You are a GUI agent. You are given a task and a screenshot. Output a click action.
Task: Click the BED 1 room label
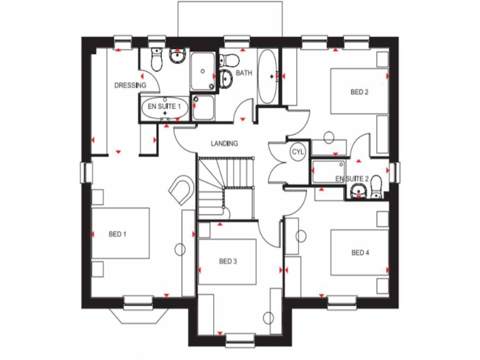tap(117, 234)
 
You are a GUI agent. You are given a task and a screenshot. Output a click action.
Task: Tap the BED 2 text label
tap(359, 92)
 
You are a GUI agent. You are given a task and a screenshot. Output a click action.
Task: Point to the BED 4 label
tap(360, 252)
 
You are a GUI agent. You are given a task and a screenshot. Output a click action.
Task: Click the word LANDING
tap(224, 143)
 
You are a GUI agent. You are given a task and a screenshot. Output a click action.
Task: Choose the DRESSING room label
tap(130, 85)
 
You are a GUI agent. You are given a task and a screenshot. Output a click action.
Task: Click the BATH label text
tap(244, 73)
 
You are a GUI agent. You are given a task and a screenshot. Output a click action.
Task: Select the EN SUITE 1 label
tap(164, 107)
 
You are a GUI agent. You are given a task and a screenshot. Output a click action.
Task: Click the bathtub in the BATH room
tap(267, 76)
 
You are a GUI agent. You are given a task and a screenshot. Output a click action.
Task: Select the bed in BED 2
tap(359, 91)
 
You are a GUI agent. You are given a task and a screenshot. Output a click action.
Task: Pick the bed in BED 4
tap(359, 252)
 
